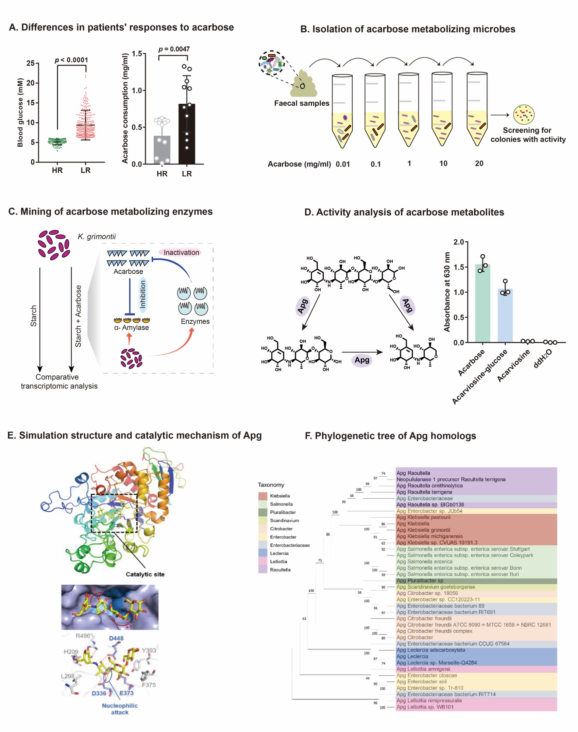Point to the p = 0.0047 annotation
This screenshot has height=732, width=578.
tap(174, 49)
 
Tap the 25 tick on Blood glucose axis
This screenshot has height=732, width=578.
tap(31, 63)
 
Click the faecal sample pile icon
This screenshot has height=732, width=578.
tap(303, 84)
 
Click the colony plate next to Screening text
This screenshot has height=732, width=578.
tap(524, 114)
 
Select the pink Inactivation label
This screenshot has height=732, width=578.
tap(181, 253)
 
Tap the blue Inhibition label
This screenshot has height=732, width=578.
tap(143, 294)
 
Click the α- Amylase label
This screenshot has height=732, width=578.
tap(132, 327)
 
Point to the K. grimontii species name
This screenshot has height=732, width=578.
tap(97, 237)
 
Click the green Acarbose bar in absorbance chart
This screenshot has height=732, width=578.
tap(482, 303)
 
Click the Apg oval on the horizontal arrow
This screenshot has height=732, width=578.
tap(362, 360)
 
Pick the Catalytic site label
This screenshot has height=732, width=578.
tap(145, 574)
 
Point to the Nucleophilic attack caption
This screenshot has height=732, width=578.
tap(120, 709)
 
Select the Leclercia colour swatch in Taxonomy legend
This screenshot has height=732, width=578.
tap(263, 553)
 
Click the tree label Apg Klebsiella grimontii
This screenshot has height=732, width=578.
tap(423, 530)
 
